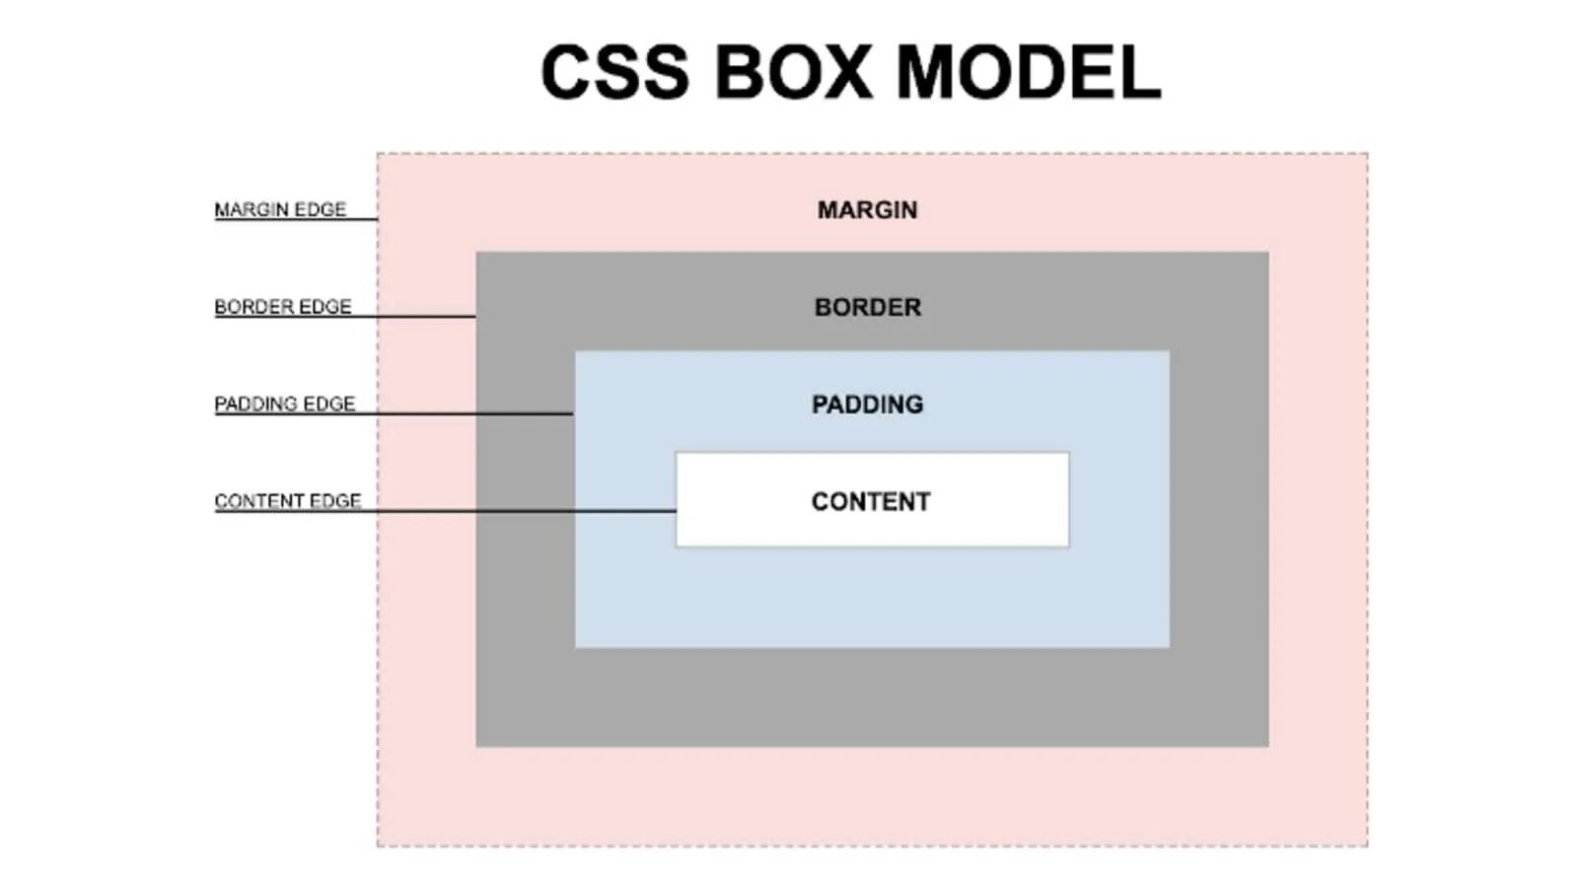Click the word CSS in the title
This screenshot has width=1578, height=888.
tap(614, 72)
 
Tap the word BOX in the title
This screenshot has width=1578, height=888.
tap(793, 72)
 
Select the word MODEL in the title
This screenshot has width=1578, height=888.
tap(1028, 72)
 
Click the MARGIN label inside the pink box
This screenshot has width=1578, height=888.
tap(867, 210)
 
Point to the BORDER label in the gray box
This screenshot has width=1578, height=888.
tap(867, 307)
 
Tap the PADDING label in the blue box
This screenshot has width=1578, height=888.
tap(867, 405)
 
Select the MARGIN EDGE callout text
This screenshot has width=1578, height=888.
tap(280, 209)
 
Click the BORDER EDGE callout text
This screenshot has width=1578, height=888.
tap(282, 307)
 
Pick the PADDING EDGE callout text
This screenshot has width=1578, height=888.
tap(284, 404)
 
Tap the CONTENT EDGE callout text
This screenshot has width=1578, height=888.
tap(287, 501)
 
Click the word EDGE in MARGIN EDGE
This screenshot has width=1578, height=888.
tap(320, 209)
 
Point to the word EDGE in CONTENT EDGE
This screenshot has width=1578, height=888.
tap(334, 501)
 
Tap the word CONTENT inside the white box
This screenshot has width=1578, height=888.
tap(871, 502)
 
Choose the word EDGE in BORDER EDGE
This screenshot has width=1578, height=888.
tap(324, 307)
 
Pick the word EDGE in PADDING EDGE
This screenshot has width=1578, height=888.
tap(328, 404)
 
